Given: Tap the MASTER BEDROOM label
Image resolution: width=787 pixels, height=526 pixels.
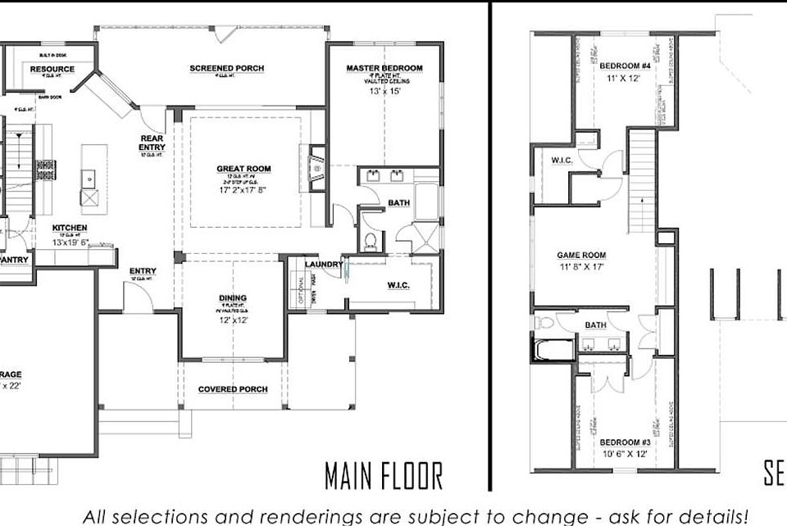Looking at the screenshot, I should click(x=384, y=68).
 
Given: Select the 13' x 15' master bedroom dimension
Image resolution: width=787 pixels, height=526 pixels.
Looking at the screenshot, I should click(x=384, y=93).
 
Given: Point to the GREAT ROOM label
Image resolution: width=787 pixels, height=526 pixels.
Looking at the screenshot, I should click(x=243, y=170).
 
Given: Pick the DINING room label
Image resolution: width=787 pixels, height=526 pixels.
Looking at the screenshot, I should click(x=233, y=298).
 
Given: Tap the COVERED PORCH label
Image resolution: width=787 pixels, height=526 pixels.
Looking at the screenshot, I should click(x=233, y=389).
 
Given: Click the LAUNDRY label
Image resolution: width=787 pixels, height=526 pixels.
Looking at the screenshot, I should click(x=322, y=264).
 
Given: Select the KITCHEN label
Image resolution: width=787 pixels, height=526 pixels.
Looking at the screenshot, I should click(x=70, y=228).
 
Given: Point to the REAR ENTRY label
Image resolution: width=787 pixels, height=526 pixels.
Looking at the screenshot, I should click(x=152, y=143).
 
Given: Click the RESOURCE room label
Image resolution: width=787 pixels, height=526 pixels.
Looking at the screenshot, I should click(x=52, y=70).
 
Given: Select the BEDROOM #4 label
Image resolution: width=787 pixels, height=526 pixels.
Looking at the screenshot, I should click(x=624, y=66).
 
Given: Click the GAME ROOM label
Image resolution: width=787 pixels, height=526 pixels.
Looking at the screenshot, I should click(x=581, y=256).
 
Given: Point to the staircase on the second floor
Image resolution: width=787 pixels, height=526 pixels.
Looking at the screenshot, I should click(x=642, y=180).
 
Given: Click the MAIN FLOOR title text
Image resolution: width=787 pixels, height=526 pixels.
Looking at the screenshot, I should click(x=383, y=475).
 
